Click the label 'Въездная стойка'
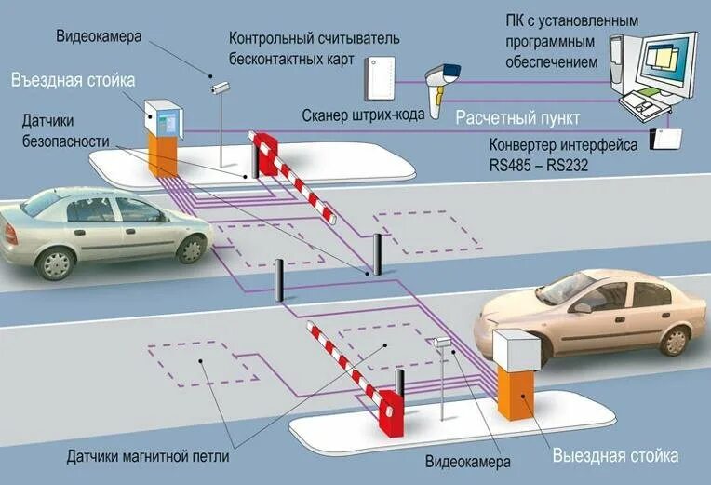[x=74, y=80]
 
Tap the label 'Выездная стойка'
[x=615, y=455]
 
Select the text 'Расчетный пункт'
[x=517, y=118]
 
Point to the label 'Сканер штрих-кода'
[x=364, y=115]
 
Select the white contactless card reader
[x=379, y=75]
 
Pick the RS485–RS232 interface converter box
[x=667, y=138]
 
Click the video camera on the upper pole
[x=220, y=88]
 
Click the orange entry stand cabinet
[x=166, y=153]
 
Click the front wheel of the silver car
[x=192, y=248]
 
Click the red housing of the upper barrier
[x=268, y=154]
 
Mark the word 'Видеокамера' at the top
[x=98, y=38]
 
